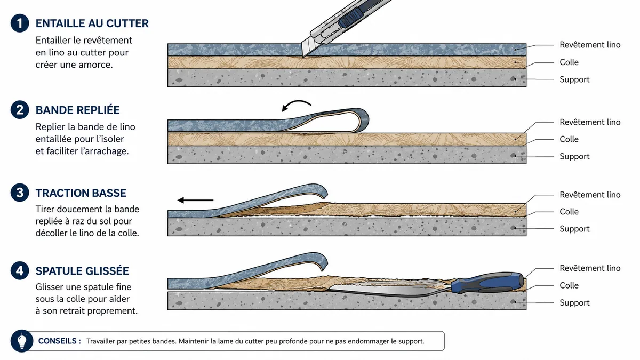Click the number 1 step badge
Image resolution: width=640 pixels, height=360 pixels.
pyautogui.click(x=20, y=23)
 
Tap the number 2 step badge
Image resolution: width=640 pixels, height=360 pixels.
pyautogui.click(x=20, y=110)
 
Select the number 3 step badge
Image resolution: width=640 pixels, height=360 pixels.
pyautogui.click(x=20, y=193)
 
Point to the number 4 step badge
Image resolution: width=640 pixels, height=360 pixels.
pyautogui.click(x=20, y=270)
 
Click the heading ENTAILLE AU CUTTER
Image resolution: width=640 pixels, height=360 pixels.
pyautogui.click(x=92, y=23)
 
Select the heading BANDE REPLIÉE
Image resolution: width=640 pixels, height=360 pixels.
pyautogui.click(x=77, y=110)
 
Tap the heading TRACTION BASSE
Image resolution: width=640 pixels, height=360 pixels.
pyautogui.click(x=81, y=193)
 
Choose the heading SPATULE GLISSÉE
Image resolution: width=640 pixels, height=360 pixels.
pyautogui.click(x=82, y=271)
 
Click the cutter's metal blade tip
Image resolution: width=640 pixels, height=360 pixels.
pyautogui.click(x=303, y=57)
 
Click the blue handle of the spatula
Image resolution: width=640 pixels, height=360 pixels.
pyautogui.click(x=487, y=283)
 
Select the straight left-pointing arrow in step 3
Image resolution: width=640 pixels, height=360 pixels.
pyautogui.click(x=195, y=201)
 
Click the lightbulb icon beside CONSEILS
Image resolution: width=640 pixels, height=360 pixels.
pyautogui.click(x=22, y=341)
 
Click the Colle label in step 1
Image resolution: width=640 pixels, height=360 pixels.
pyautogui.click(x=569, y=62)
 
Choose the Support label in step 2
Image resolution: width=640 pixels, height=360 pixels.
pyautogui.click(x=574, y=156)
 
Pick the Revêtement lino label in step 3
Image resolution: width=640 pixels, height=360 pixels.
pyautogui.click(x=590, y=195)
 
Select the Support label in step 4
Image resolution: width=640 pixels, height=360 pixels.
pyautogui.click(x=574, y=302)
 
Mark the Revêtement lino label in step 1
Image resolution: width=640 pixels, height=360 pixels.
pyautogui.click(x=590, y=45)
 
